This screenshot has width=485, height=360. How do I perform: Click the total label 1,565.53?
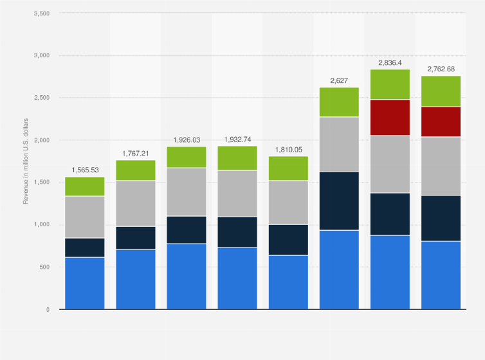(x=85, y=170)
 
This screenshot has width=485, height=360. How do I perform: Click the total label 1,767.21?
(x=136, y=154)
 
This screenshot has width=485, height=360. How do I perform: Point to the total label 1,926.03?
(x=187, y=140)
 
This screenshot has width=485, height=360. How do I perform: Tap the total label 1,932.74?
(x=237, y=139)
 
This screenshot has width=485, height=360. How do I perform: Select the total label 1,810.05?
(x=288, y=150)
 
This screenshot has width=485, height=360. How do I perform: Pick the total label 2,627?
(x=339, y=80)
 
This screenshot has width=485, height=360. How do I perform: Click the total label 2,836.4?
(x=390, y=63)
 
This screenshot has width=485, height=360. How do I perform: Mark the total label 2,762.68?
(x=441, y=69)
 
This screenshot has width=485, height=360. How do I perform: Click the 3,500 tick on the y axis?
(x=41, y=14)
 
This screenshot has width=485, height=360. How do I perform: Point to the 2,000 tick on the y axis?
(x=41, y=140)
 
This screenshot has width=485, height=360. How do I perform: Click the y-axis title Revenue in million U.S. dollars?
(x=26, y=161)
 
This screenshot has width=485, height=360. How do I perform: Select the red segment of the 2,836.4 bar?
(x=390, y=117)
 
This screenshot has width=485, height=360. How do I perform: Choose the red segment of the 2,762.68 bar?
(x=441, y=122)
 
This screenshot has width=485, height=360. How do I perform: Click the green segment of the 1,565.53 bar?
(x=85, y=186)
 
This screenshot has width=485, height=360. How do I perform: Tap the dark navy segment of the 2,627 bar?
(x=339, y=201)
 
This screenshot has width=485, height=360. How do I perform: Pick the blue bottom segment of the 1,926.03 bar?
(x=187, y=276)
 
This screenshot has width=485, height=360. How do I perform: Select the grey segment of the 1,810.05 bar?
(x=288, y=203)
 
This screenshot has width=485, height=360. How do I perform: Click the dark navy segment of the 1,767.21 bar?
(x=136, y=238)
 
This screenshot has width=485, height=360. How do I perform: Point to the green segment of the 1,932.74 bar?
(x=237, y=158)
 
